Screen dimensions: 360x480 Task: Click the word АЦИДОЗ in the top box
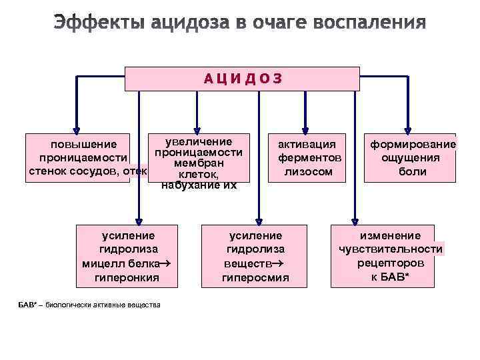243,79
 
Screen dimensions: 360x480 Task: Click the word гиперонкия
127,277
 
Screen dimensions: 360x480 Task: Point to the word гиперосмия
255,277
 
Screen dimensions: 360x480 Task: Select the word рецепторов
390,263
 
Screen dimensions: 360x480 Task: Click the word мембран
199,164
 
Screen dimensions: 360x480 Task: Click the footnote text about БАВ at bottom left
89,305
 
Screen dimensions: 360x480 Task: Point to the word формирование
413,144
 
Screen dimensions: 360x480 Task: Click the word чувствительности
390,249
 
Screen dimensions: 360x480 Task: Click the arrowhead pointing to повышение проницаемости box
77,130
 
